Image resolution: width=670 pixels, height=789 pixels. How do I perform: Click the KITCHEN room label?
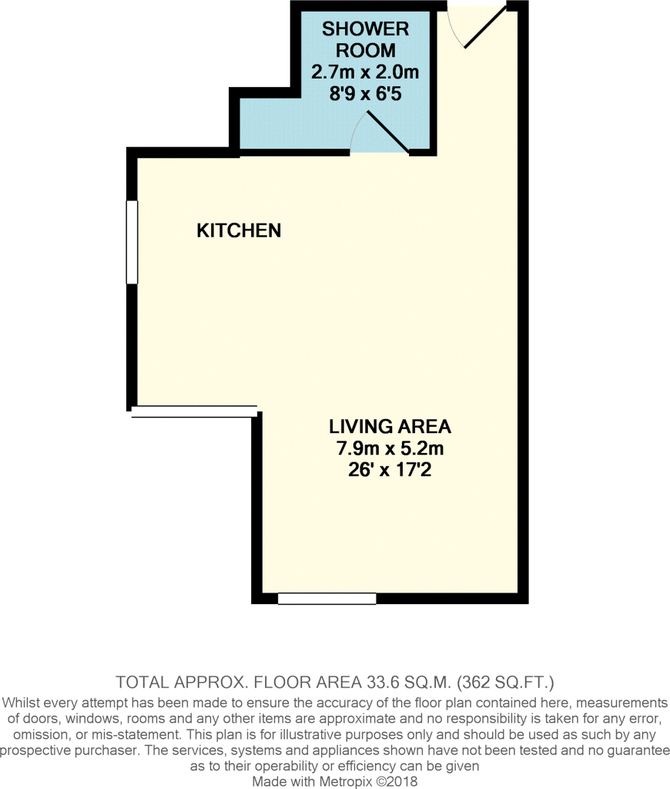239,230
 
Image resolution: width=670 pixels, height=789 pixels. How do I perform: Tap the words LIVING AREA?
390,427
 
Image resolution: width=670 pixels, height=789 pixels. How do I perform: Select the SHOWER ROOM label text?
366,39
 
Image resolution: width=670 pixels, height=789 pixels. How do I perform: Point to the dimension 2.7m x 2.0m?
365,72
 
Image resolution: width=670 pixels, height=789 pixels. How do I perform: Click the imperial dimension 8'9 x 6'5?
366,93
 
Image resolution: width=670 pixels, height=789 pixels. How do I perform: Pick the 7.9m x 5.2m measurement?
390,448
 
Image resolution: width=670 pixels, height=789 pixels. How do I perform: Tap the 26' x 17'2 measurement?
390,470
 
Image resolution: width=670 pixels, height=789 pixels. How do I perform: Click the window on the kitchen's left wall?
132,242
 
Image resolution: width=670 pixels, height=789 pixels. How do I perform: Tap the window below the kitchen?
195,411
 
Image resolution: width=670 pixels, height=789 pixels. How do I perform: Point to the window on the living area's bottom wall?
327,598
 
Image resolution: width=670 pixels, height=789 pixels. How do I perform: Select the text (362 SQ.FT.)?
505,683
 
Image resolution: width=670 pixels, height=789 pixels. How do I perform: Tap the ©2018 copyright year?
397,781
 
